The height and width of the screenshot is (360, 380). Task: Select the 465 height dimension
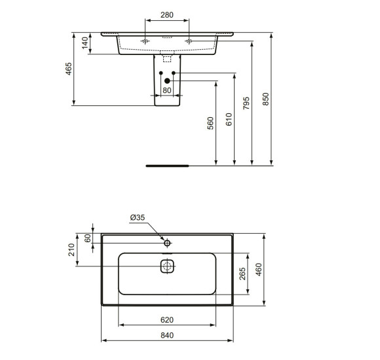point(69,67)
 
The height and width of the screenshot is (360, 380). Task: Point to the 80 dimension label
point(166,90)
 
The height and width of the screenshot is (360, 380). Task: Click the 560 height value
point(211,123)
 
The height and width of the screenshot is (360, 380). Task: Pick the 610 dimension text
point(229,118)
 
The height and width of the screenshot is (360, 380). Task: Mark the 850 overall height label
point(265,98)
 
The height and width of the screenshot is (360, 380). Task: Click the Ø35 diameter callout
point(137,217)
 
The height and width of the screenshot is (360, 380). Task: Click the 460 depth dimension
point(258,268)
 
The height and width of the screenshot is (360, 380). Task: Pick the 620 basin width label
point(166,319)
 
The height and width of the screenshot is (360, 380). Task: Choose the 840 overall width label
point(166,335)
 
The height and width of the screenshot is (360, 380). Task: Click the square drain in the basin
point(167,266)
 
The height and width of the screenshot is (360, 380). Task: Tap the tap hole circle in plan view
point(167,242)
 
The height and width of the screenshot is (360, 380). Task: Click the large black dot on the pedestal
point(166,81)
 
